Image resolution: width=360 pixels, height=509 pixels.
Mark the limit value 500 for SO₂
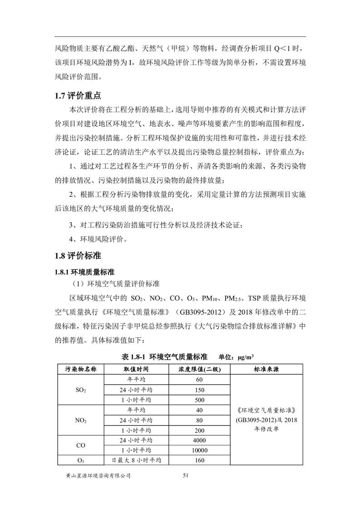[x=199, y=400]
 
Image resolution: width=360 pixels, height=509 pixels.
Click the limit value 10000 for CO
[x=199, y=450]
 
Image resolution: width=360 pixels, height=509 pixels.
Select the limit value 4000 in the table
[x=199, y=440]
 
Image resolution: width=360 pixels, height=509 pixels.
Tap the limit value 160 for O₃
[x=199, y=460]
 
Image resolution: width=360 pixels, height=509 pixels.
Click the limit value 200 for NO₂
[x=199, y=430]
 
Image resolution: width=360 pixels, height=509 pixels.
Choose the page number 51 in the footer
[x=185, y=475]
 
